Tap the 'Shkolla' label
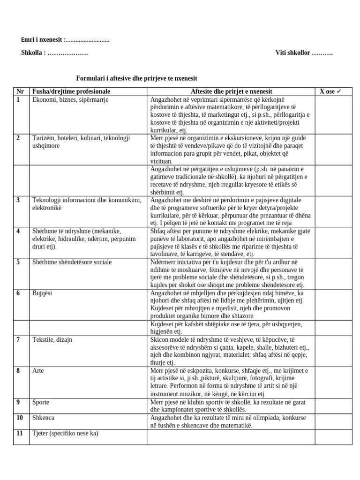coord(33,53)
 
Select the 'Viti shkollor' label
coord(292,53)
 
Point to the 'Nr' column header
coord(20,91)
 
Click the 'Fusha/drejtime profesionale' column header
coord(71,91)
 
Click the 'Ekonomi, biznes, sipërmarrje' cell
coord(70,99)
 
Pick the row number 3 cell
coord(19,200)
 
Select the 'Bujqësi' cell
coord(42,293)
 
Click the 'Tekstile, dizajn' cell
coord(52,340)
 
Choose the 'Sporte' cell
coord(41,402)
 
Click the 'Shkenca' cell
coord(44,418)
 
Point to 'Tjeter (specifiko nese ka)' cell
coord(65,433)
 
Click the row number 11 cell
coord(20,433)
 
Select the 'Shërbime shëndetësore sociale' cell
coord(72,262)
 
